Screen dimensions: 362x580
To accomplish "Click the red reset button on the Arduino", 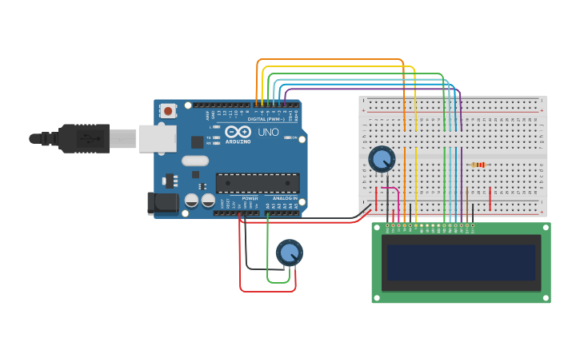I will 167,111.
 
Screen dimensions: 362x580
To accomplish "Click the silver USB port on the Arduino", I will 157,138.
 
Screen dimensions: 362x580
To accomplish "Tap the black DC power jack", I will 163,203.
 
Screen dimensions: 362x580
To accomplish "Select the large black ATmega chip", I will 258,183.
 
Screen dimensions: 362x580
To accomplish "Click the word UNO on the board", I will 268,132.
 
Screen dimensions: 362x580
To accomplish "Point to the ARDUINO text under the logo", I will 238,141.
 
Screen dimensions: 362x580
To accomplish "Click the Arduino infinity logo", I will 238,132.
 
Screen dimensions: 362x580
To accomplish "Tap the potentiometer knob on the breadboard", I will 382,158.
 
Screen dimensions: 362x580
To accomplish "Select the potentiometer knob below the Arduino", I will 289,253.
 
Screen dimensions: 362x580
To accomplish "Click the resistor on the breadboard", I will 479,165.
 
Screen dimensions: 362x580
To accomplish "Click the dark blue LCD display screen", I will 461,262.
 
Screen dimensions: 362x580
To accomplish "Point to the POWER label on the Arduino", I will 250,197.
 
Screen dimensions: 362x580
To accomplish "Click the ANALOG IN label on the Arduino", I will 284,197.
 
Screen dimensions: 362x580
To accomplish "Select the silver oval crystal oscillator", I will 194,161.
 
